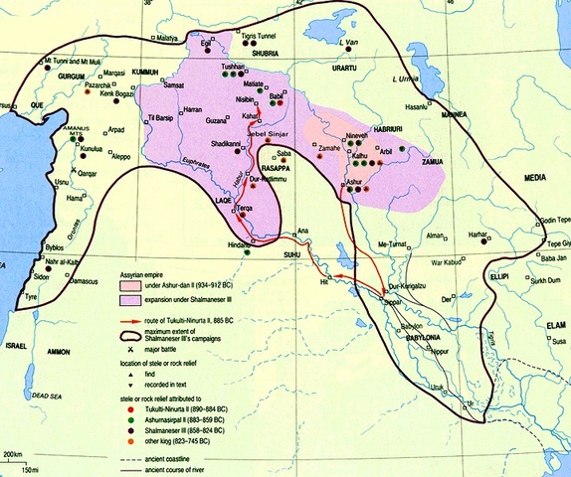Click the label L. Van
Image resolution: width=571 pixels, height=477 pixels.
point(347,43)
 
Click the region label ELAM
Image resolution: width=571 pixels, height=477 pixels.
point(540,323)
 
